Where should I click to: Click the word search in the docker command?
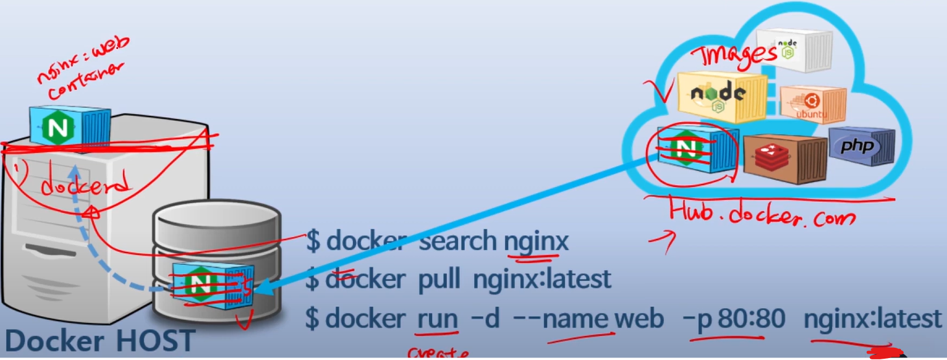(457, 242)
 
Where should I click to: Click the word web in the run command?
(639, 319)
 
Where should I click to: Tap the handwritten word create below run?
(437, 354)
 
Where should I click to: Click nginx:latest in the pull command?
(542, 280)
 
